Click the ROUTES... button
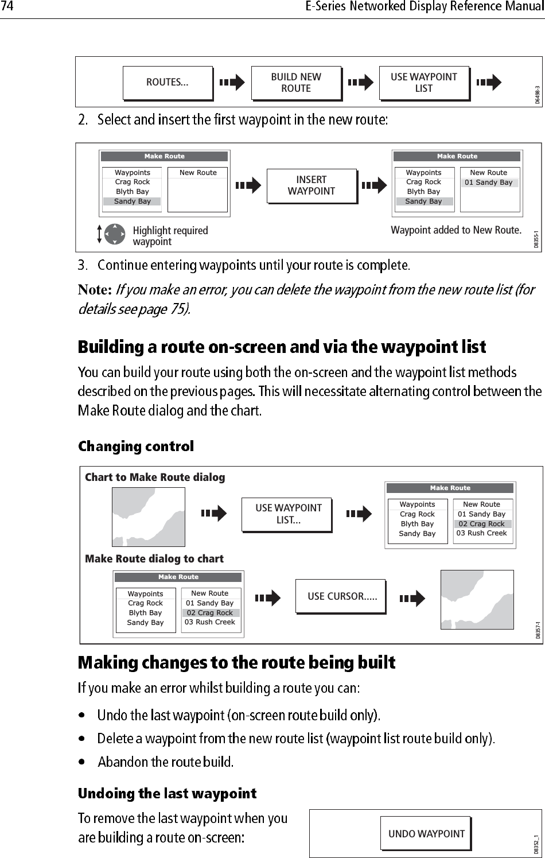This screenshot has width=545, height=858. click(167, 83)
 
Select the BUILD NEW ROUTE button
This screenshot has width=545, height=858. click(295, 83)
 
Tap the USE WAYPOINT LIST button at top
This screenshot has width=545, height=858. click(423, 83)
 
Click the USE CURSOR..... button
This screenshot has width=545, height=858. click(342, 596)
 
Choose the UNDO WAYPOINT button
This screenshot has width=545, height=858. click(426, 834)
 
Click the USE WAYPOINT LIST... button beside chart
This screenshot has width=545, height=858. click(288, 514)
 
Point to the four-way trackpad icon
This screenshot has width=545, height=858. click(115, 234)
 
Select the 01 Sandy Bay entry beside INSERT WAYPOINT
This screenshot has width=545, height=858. click(488, 183)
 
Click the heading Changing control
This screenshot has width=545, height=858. click(136, 447)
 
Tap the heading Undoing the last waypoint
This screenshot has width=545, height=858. click(167, 794)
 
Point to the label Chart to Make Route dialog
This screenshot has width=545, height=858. click(155, 477)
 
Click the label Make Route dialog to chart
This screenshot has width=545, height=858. click(154, 558)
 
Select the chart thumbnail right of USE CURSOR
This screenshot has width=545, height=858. click(477, 599)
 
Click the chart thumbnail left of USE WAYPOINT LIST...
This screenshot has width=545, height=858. click(149, 517)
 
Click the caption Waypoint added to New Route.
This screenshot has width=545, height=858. click(456, 230)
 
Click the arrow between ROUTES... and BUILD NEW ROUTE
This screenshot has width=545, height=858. click(232, 83)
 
